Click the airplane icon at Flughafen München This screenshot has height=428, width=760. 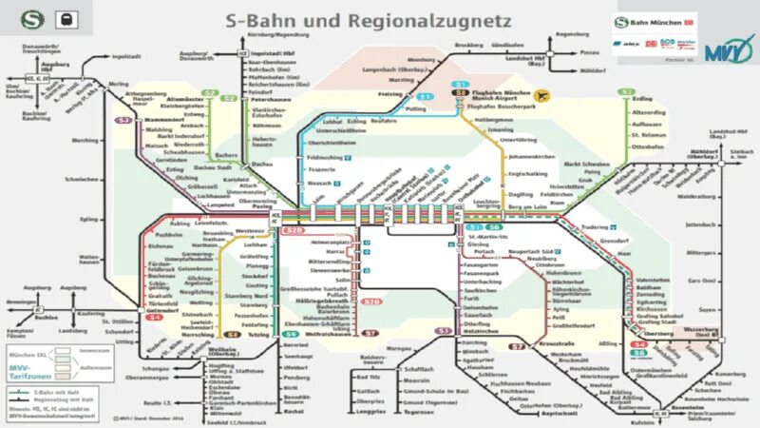point(542,95)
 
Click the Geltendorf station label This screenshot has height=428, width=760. point(163,309)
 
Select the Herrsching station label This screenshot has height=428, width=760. point(199,335)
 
